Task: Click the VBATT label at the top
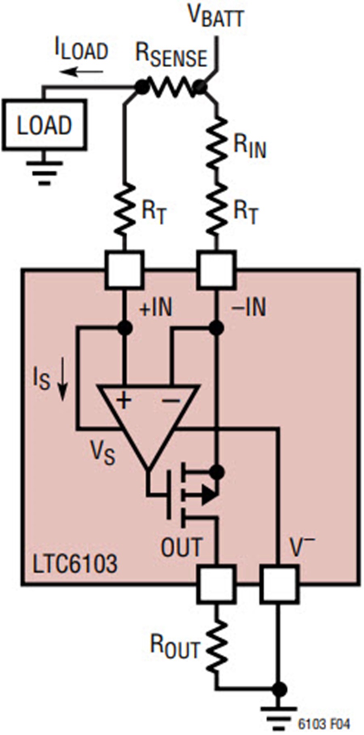216,17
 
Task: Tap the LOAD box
44,125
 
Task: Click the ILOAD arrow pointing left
81,72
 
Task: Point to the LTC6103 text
75,564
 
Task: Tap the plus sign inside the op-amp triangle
124,401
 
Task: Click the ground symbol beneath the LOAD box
44,172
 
